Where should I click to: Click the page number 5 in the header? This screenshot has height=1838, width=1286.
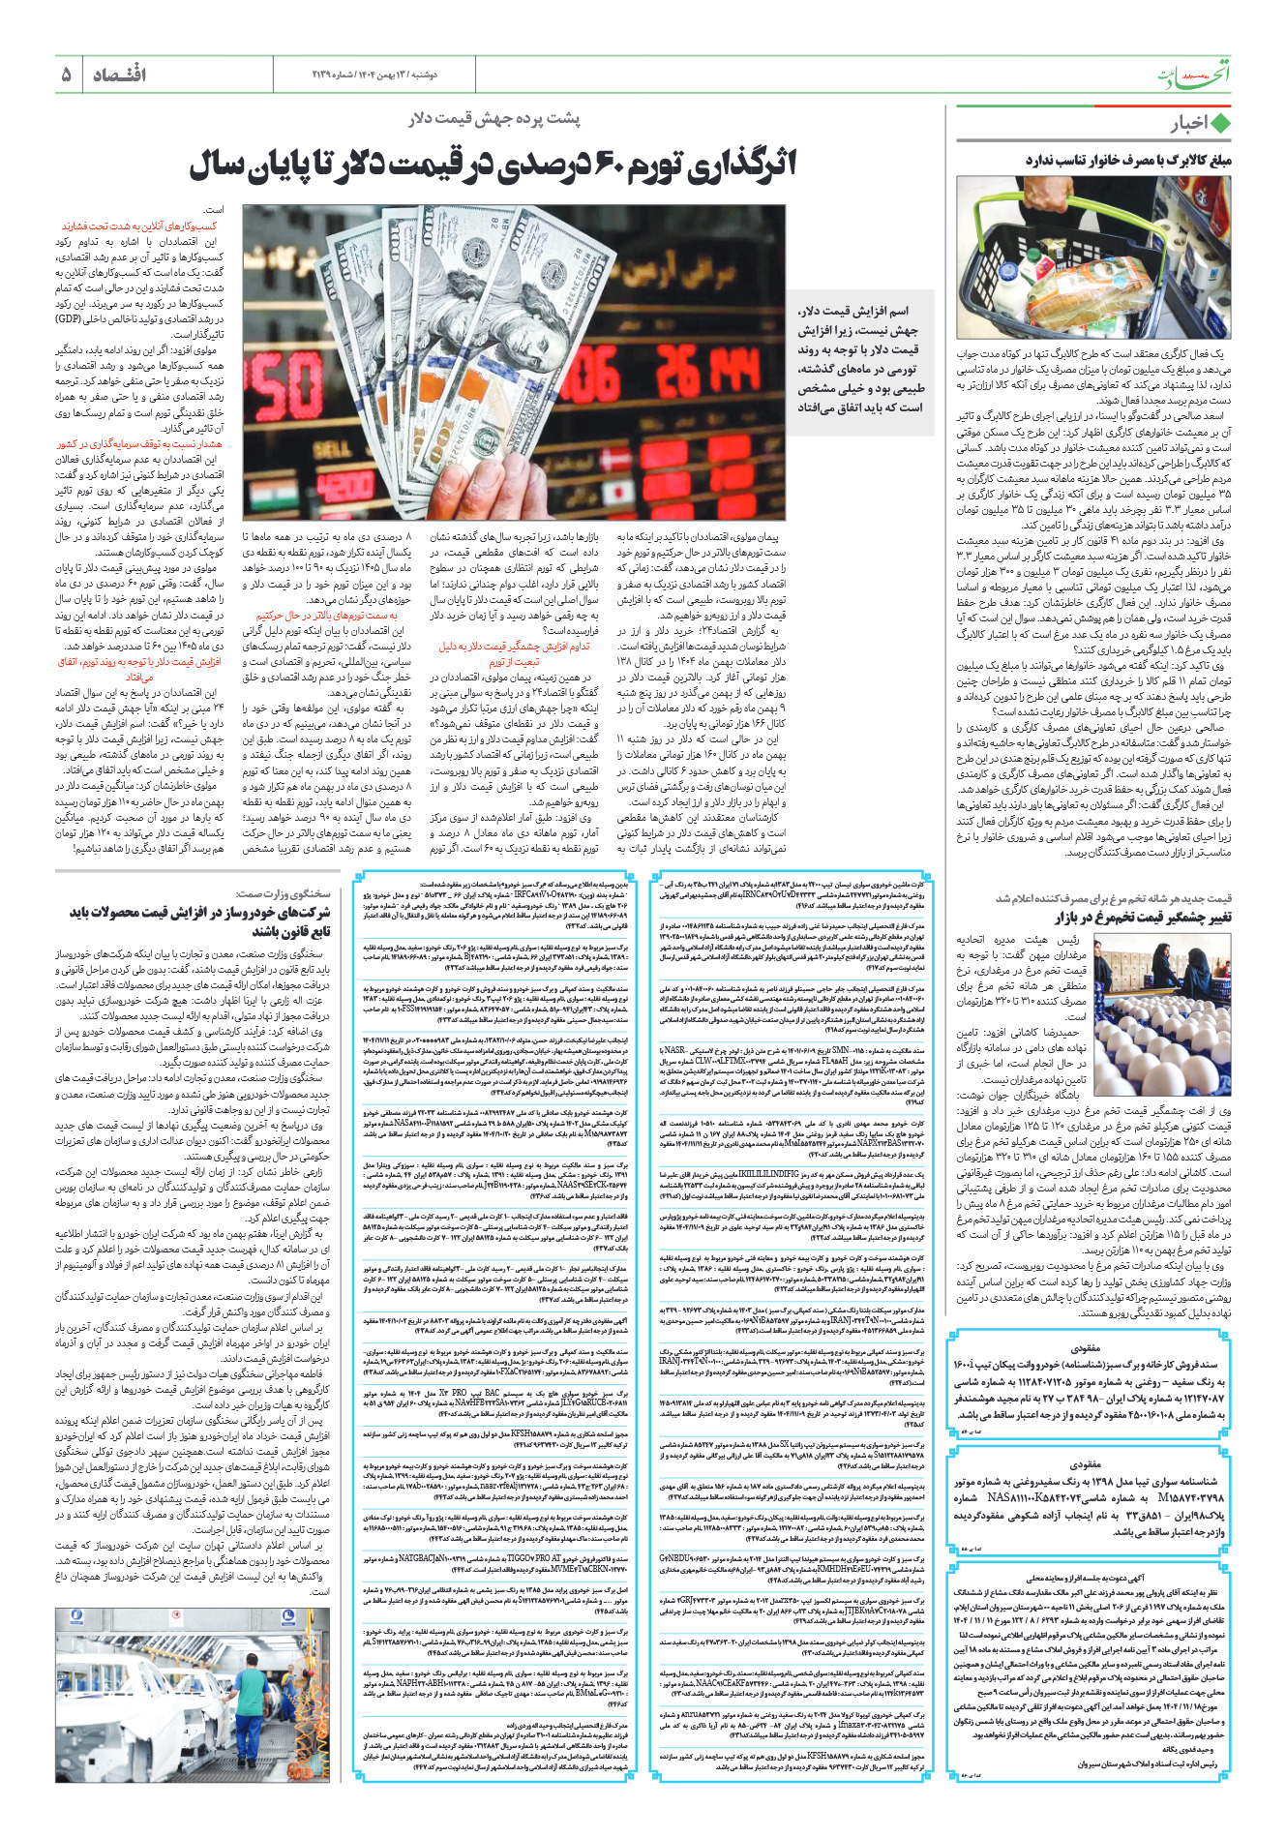point(66,75)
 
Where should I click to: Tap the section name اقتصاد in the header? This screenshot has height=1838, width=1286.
point(120,75)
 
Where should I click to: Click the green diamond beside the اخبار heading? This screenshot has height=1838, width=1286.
point(1221,124)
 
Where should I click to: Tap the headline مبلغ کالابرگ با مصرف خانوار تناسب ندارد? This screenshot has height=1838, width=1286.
point(1128,161)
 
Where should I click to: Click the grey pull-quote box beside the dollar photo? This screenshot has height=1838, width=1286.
point(859,358)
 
